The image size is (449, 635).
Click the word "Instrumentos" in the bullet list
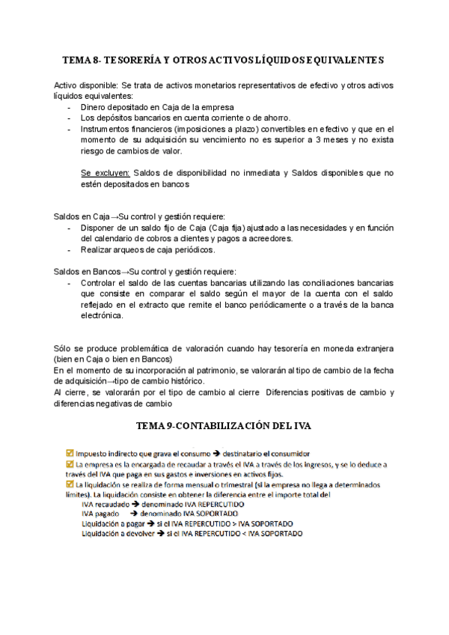pyautogui.click(x=109, y=129)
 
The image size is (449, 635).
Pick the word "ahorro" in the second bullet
pyautogui.click(x=274, y=118)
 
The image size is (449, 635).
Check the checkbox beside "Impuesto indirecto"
pyautogui.click(x=70, y=452)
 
